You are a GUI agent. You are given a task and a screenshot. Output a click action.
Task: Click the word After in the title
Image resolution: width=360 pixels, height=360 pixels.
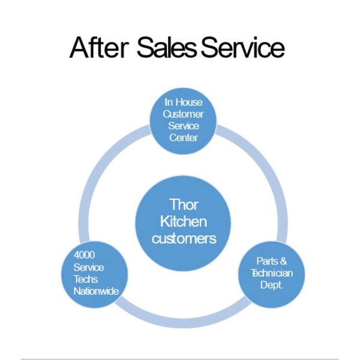coord(100,47)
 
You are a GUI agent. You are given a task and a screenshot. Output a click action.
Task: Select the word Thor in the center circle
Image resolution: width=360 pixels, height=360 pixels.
coord(183,205)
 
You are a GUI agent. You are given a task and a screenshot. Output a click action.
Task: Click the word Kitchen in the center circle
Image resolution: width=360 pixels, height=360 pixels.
coord(183,221)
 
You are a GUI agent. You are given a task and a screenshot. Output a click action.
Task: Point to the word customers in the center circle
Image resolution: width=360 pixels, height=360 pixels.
coord(183,238)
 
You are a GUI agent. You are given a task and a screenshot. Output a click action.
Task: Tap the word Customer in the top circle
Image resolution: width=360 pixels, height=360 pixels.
coord(183,114)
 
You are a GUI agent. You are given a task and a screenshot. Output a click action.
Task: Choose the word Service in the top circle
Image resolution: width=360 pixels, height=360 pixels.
coord(183,126)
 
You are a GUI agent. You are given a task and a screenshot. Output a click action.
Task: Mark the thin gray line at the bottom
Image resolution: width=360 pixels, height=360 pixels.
coord(180,359)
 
